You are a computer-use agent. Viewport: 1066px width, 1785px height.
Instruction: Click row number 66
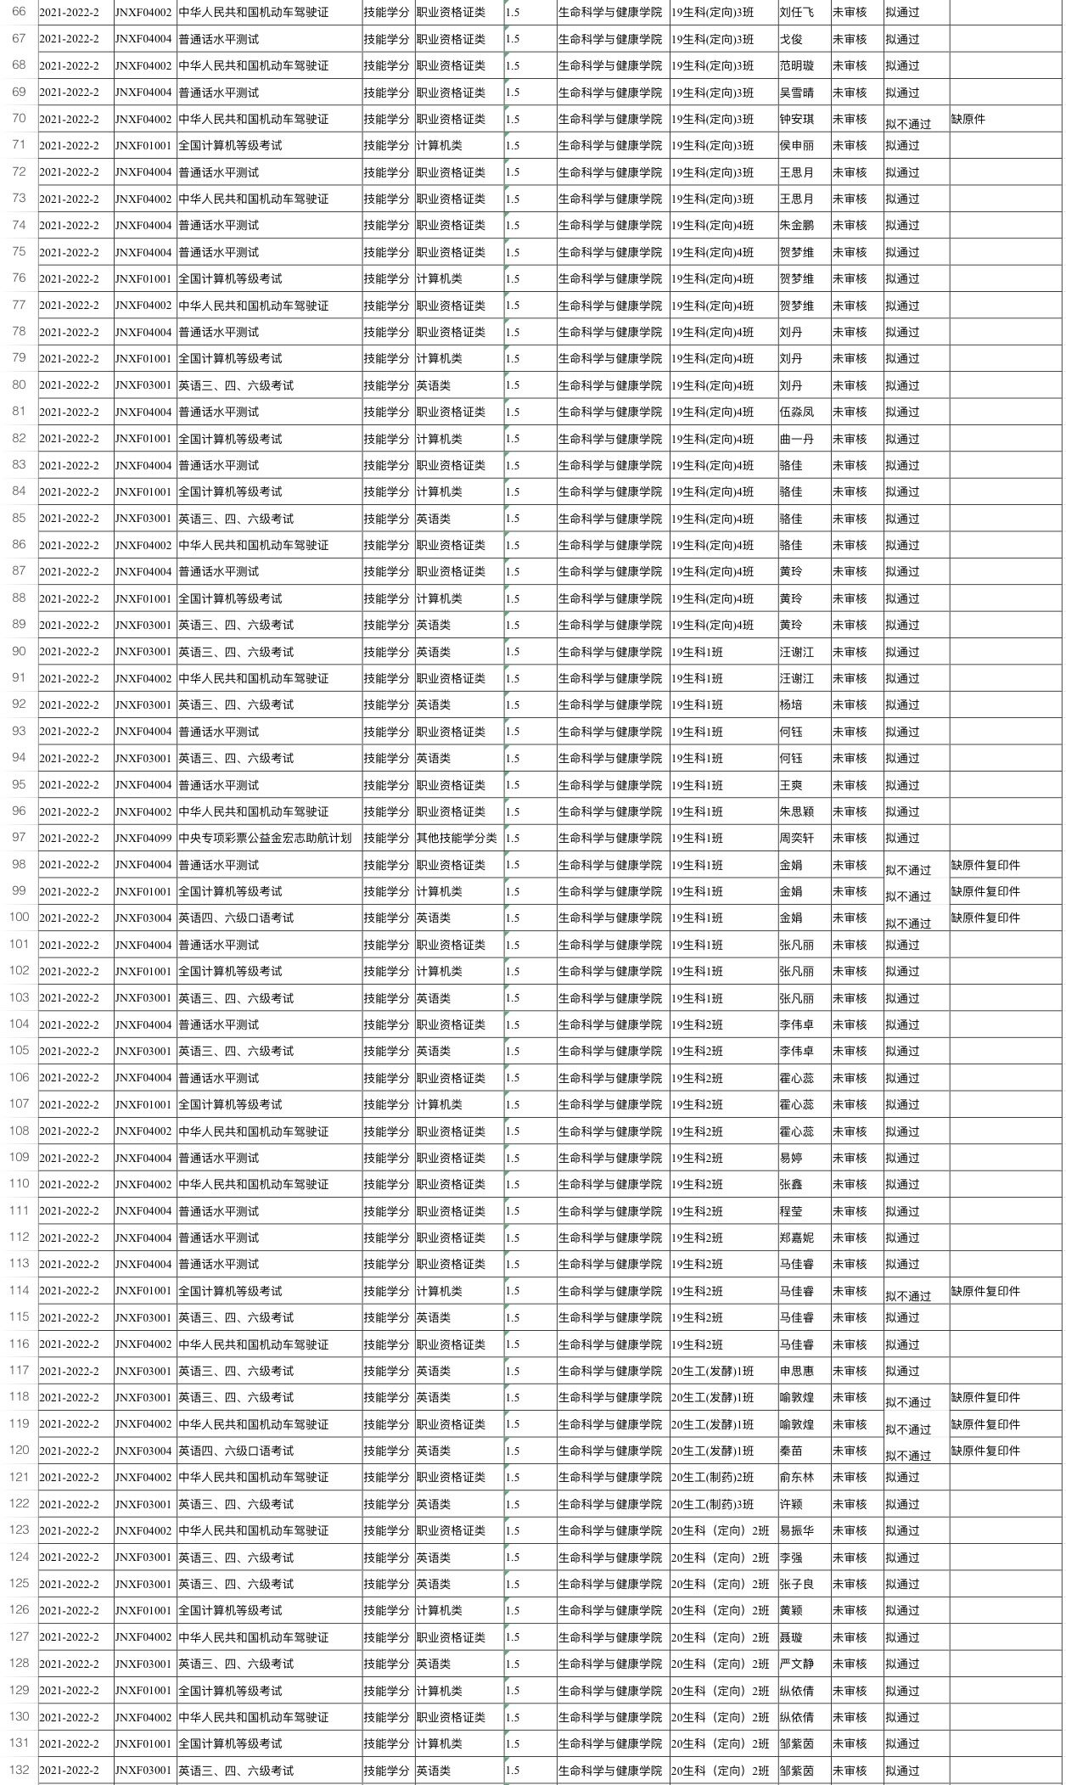click(x=19, y=12)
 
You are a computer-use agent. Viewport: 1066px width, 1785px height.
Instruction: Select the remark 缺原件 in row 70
click(x=968, y=120)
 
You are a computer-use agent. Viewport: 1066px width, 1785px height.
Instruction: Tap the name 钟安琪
click(x=796, y=120)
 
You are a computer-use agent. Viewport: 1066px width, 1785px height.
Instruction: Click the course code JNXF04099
click(x=143, y=838)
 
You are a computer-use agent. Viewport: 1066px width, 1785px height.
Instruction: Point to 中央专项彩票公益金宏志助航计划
click(x=265, y=838)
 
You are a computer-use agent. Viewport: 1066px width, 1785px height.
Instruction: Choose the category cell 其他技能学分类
click(x=457, y=838)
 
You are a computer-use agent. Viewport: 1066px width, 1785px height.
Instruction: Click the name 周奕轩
click(x=796, y=838)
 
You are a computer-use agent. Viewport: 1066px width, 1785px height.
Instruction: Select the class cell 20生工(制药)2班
click(x=712, y=1478)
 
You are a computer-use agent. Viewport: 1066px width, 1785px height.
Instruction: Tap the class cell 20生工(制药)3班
click(x=712, y=1504)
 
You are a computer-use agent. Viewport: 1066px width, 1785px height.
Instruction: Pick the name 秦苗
click(x=791, y=1451)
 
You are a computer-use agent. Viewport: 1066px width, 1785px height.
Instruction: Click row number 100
click(x=19, y=917)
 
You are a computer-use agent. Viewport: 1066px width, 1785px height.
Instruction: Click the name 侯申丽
click(x=796, y=146)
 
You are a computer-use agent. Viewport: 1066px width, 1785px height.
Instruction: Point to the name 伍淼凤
click(x=796, y=412)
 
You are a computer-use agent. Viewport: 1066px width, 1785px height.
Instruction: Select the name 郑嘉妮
click(x=796, y=1238)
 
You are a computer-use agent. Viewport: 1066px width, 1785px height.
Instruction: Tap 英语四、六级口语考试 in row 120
click(x=236, y=1451)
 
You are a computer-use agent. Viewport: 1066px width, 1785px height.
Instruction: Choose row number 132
click(x=19, y=1770)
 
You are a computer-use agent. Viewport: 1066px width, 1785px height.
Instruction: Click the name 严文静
click(x=796, y=1664)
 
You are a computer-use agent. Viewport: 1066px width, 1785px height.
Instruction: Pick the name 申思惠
click(x=796, y=1371)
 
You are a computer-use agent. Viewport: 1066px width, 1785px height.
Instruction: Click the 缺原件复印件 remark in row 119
click(x=985, y=1424)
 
